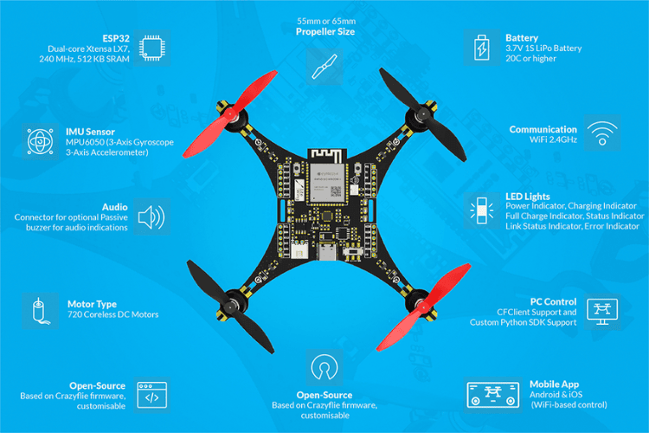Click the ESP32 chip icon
coord(152,48)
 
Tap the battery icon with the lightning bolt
coord(481,48)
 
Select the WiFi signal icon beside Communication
coord(602,133)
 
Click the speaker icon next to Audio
coord(151,216)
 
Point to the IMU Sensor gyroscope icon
coord(40,141)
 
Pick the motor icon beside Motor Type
coord(40,311)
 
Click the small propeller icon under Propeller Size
coord(324,67)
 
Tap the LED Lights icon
coord(482,210)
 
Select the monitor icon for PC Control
coord(602,312)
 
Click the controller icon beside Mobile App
coord(493,395)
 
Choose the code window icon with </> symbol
coord(152,395)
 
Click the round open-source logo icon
coord(324,366)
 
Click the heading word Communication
coord(543,129)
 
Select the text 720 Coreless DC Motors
coord(113,314)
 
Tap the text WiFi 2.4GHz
coord(554,139)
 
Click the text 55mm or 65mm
coord(326,21)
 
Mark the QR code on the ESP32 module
coord(336,191)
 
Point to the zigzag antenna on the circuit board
coord(326,155)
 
